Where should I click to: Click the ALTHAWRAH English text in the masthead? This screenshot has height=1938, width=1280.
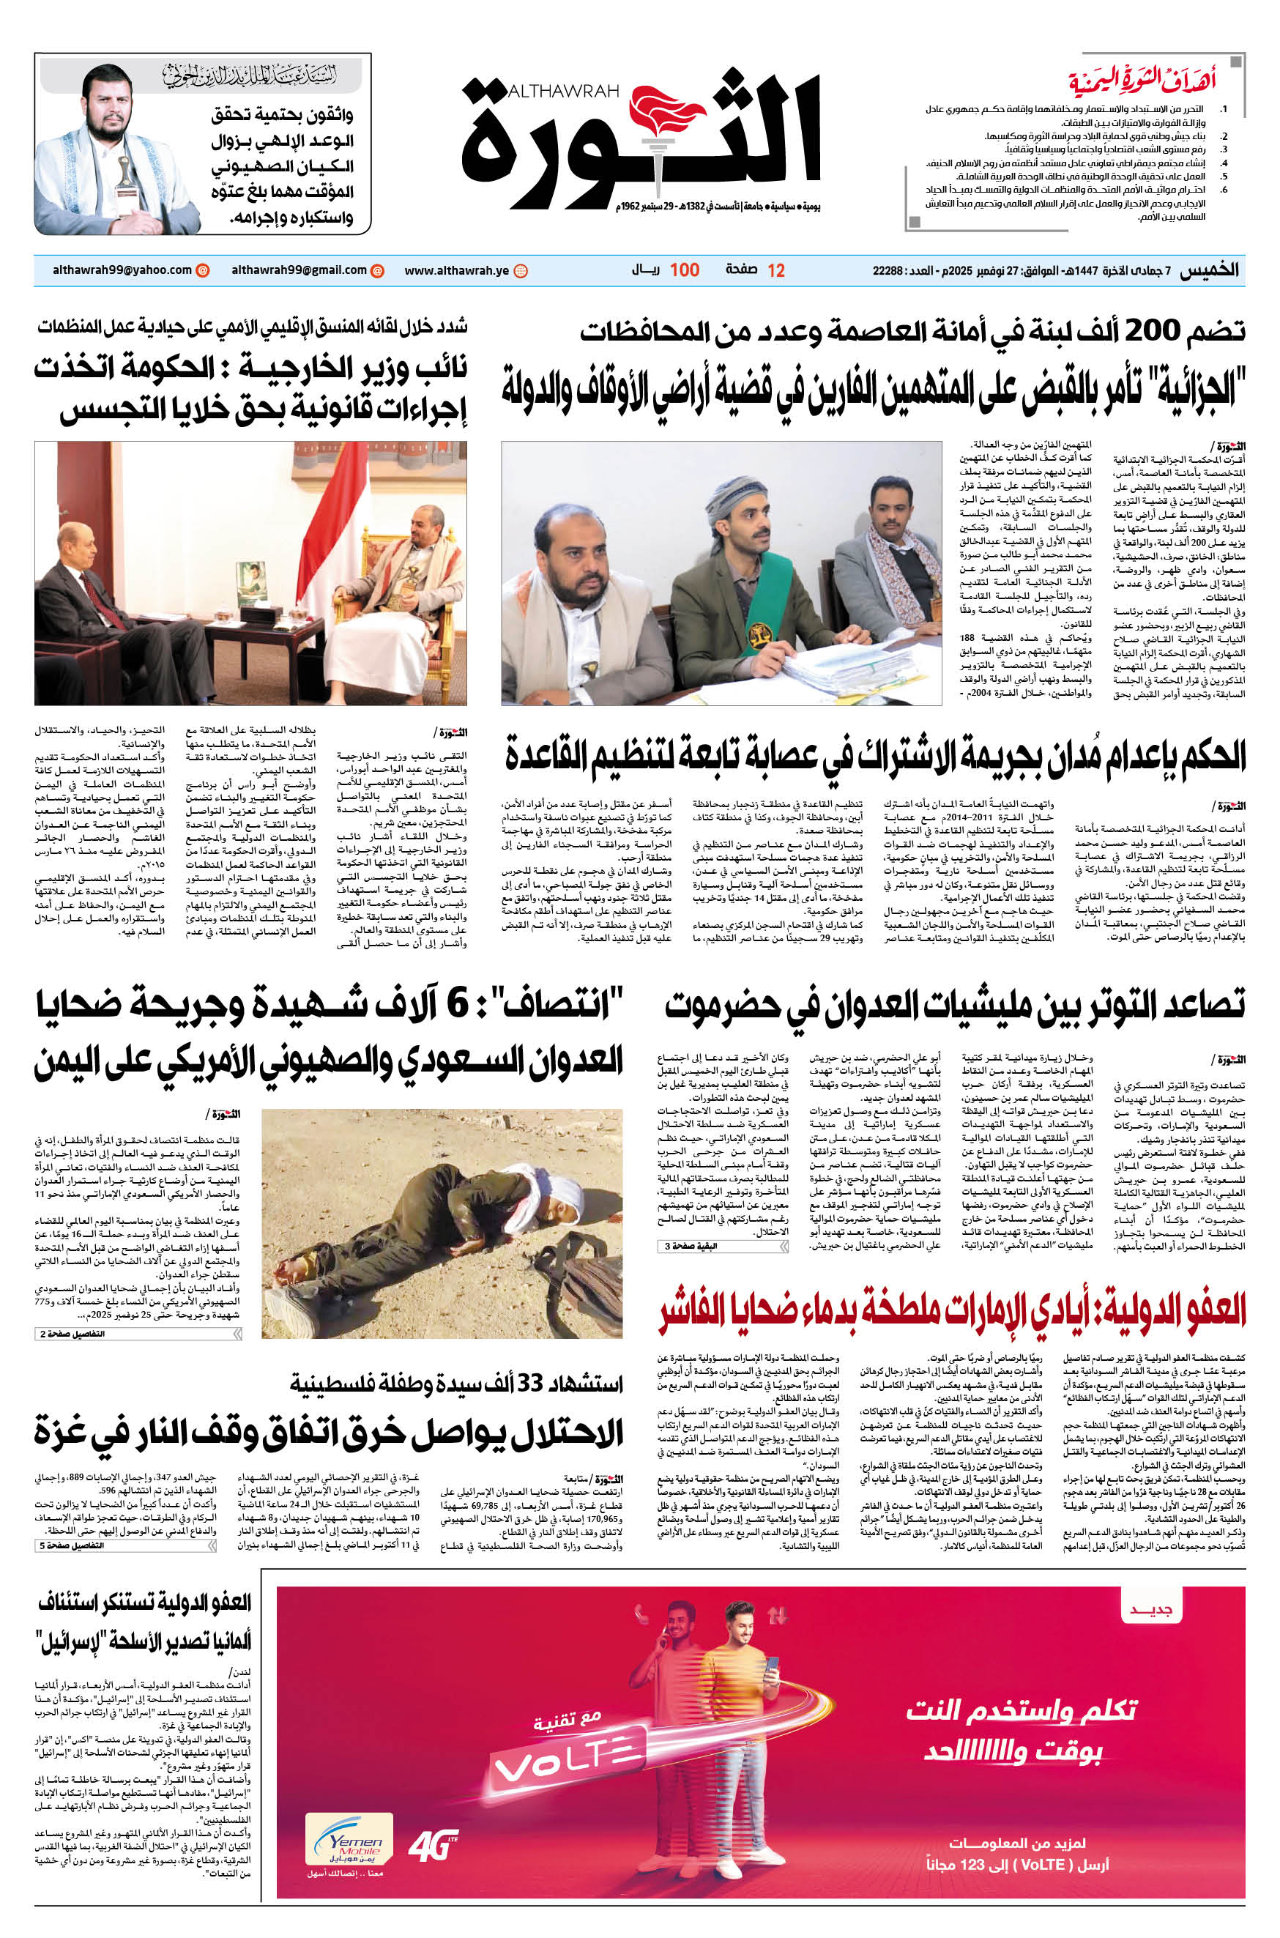pyautogui.click(x=563, y=92)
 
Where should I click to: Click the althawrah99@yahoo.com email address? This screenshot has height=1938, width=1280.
pyautogui.click(x=122, y=270)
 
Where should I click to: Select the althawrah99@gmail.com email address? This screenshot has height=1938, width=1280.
pyautogui.click(x=299, y=270)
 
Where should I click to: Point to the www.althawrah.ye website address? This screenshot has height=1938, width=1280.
pyautogui.click(x=456, y=271)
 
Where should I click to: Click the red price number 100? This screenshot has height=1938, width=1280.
pyautogui.click(x=684, y=271)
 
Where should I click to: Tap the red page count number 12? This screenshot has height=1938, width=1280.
pyautogui.click(x=776, y=271)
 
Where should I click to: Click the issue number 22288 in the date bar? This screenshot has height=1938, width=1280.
pyautogui.click(x=888, y=271)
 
